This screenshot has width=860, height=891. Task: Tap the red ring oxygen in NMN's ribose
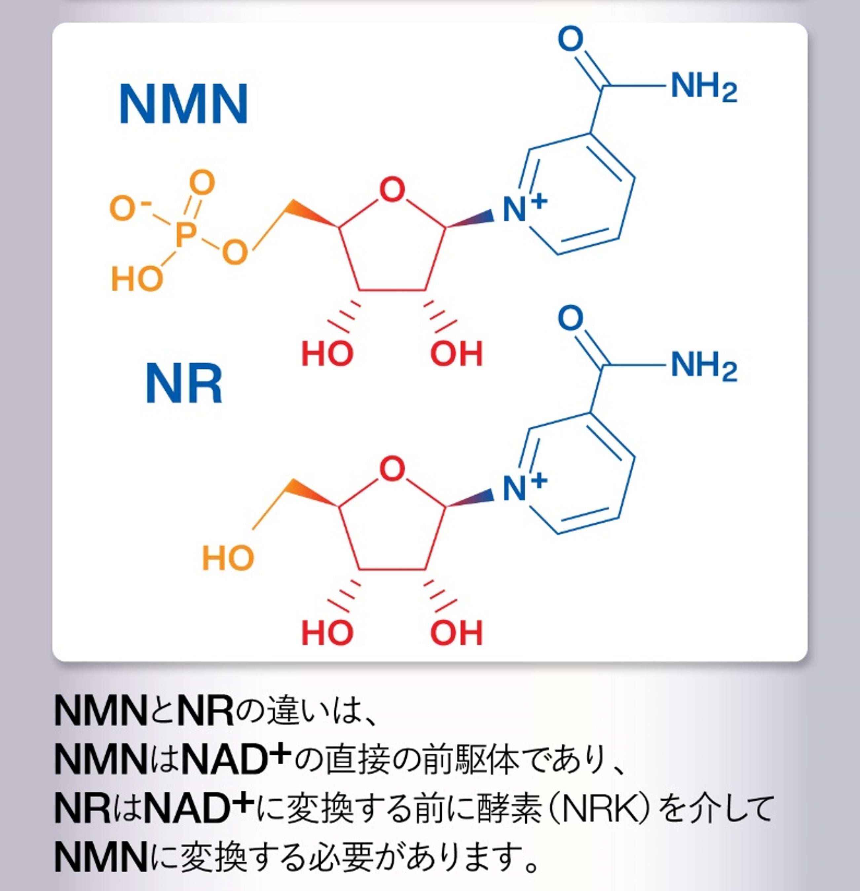pyautogui.click(x=392, y=190)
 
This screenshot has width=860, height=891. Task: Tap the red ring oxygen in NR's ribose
pyautogui.click(x=392, y=469)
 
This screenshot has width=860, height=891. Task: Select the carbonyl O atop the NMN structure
pyautogui.click(x=570, y=39)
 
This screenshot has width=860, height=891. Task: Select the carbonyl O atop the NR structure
pyautogui.click(x=570, y=318)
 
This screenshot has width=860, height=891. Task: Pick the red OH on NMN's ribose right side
pyautogui.click(x=456, y=354)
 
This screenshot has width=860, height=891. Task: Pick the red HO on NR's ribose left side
pyautogui.click(x=327, y=633)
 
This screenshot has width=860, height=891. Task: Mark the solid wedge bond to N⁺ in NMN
pyautogui.click(x=471, y=219)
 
